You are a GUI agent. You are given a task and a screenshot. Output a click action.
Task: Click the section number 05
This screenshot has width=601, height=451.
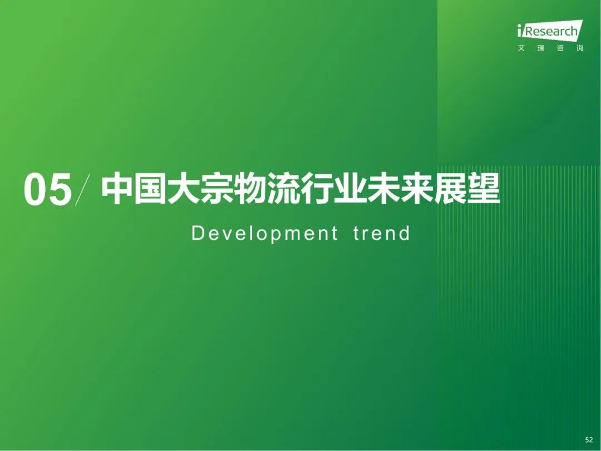point(47,190)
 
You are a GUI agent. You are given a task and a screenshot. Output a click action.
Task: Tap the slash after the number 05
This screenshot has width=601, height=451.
point(82,189)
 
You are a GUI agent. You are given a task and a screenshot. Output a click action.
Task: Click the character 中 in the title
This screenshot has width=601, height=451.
point(117,188)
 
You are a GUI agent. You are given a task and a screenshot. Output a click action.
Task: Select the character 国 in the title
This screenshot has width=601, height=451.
point(150,188)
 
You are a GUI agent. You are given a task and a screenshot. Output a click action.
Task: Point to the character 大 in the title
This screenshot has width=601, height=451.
point(184,188)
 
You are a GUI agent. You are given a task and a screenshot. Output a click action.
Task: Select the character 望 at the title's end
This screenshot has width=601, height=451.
point(484,188)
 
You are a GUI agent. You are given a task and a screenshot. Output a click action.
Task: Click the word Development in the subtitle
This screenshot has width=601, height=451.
point(264,233)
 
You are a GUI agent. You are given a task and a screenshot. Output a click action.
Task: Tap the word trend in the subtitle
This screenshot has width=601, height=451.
point(382,233)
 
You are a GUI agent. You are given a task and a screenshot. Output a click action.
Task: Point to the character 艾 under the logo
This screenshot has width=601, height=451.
point(521,48)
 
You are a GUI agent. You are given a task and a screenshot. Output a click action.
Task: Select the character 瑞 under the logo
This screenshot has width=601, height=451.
point(541,48)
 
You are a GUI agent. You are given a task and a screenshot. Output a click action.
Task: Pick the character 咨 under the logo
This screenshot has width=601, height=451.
point(560,48)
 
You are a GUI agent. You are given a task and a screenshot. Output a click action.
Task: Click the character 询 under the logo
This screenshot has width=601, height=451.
point(579,48)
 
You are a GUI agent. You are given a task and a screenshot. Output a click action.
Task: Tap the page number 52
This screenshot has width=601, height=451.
point(589,440)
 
